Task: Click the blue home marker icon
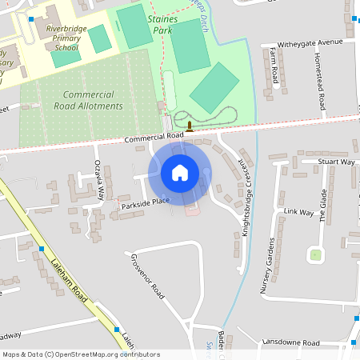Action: (x=180, y=173)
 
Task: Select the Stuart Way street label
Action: (x=336, y=162)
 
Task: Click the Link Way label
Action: (x=298, y=213)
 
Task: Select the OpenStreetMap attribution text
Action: (x=81, y=354)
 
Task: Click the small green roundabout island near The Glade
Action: (x=316, y=255)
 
